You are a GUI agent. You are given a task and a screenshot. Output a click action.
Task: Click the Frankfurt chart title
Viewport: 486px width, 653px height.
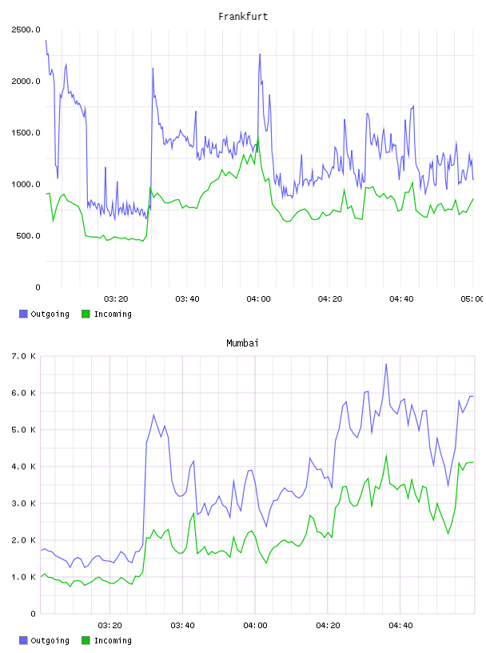pos(243,17)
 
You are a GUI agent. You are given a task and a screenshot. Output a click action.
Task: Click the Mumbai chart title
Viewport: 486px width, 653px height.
pos(242,343)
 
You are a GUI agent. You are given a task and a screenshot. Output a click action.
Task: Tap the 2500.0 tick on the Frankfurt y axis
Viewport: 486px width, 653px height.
pos(26,30)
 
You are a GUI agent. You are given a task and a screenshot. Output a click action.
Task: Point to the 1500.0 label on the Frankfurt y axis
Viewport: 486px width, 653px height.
pos(26,133)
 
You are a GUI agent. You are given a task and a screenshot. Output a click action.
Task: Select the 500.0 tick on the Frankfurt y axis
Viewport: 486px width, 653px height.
pos(28,236)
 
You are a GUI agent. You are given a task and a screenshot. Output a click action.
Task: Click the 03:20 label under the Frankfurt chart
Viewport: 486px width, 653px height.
pos(116,299)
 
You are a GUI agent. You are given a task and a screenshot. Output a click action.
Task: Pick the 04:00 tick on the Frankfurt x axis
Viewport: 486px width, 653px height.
pos(258,299)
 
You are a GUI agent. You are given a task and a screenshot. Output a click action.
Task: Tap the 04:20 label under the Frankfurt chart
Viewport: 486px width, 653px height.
pos(330,299)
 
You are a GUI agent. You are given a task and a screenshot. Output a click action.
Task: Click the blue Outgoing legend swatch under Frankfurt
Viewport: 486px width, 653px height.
pos(23,314)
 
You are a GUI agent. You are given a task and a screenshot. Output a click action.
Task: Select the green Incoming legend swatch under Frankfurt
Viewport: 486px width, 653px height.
pos(86,314)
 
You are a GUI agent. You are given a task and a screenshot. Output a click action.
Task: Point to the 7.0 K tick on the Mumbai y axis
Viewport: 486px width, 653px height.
pos(23,356)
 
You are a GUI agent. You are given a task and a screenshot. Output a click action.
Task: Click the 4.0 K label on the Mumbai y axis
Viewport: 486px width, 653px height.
pos(23,467)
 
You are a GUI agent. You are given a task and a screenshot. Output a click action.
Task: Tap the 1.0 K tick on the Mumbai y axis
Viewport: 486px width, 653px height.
pos(23,577)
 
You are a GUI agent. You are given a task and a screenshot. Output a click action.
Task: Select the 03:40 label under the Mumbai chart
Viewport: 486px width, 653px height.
pos(183,626)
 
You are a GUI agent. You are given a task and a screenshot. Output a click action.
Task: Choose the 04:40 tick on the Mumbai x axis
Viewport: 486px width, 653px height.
pos(400,626)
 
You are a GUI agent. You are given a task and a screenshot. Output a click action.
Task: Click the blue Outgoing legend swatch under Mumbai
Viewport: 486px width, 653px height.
pos(23,640)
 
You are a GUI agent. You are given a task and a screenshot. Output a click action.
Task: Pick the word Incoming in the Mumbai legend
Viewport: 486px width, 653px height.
pos(113,640)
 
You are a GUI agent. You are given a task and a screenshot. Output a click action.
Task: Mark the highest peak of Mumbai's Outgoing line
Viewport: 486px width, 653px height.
pos(386,364)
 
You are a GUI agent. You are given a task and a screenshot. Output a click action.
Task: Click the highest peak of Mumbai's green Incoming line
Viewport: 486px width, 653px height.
pos(386,455)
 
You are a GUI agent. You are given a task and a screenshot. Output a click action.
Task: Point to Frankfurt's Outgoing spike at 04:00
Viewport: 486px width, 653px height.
pos(260,54)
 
